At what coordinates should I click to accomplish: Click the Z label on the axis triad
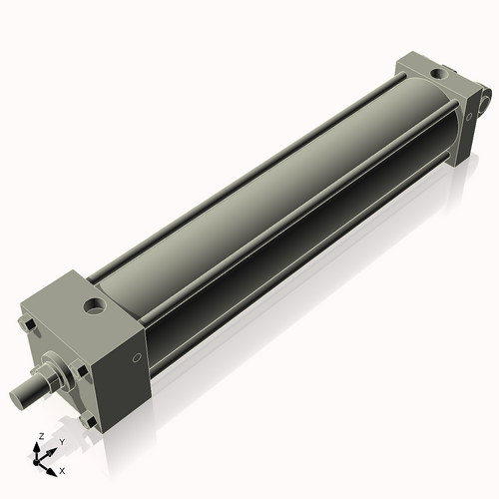click(x=39, y=437)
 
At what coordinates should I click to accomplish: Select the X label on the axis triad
click(x=62, y=469)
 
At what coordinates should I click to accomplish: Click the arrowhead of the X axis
click(x=53, y=466)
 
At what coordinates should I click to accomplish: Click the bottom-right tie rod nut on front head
click(x=92, y=421)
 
